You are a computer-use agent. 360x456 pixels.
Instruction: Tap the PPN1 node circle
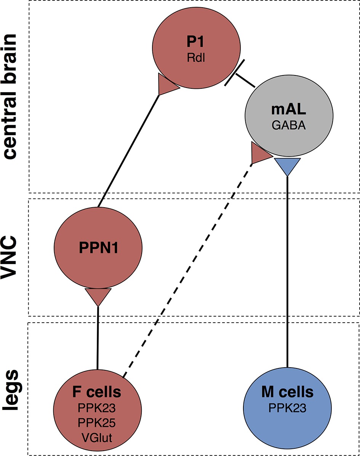tap(98, 248)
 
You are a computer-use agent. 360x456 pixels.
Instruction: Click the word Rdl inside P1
tap(196, 58)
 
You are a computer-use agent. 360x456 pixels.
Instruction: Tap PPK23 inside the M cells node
tap(288, 408)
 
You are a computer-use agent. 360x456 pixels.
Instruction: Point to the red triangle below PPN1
tap(98, 296)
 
